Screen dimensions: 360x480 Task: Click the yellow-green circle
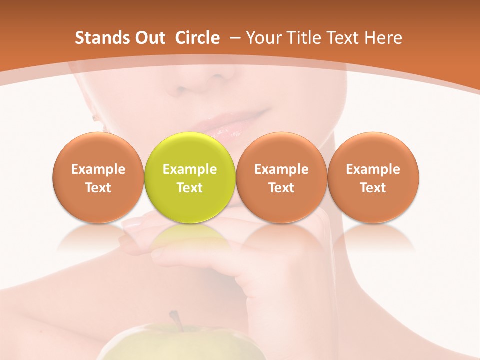[x=190, y=177]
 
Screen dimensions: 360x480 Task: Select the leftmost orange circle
[x=98, y=177]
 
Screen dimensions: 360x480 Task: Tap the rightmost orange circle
[x=373, y=177]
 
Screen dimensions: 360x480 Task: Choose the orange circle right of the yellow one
[x=281, y=177]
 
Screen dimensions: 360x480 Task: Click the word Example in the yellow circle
[x=190, y=169]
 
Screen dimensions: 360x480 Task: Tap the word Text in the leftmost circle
[x=98, y=188]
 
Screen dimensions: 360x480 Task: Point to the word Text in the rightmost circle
[x=373, y=188]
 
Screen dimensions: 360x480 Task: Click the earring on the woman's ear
[x=95, y=118]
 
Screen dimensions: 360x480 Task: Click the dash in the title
[x=233, y=38]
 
